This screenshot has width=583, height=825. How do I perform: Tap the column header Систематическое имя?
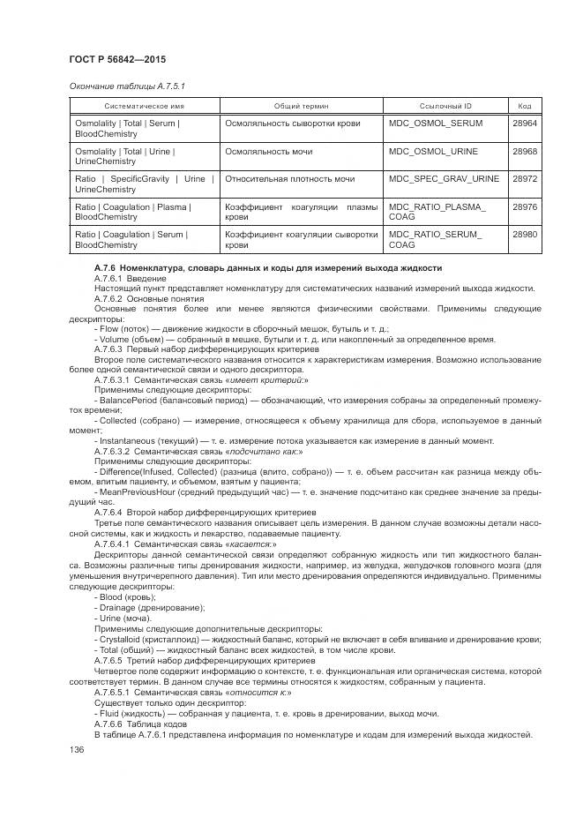tap(144, 105)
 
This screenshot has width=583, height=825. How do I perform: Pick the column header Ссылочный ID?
tap(445, 105)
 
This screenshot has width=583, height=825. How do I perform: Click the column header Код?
tap(525, 105)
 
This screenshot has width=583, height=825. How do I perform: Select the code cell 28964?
tap(525, 124)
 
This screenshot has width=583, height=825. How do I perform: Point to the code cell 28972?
tap(525, 179)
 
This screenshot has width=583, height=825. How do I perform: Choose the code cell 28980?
tap(525, 234)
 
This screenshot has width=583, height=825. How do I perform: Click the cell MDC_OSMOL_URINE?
tap(434, 152)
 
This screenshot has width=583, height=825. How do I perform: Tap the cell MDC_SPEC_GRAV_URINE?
tap(444, 179)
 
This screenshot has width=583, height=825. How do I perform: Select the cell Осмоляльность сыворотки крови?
tap(293, 124)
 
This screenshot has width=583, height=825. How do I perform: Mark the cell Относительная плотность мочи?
tap(290, 179)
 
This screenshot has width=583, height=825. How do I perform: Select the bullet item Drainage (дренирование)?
tap(148, 608)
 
